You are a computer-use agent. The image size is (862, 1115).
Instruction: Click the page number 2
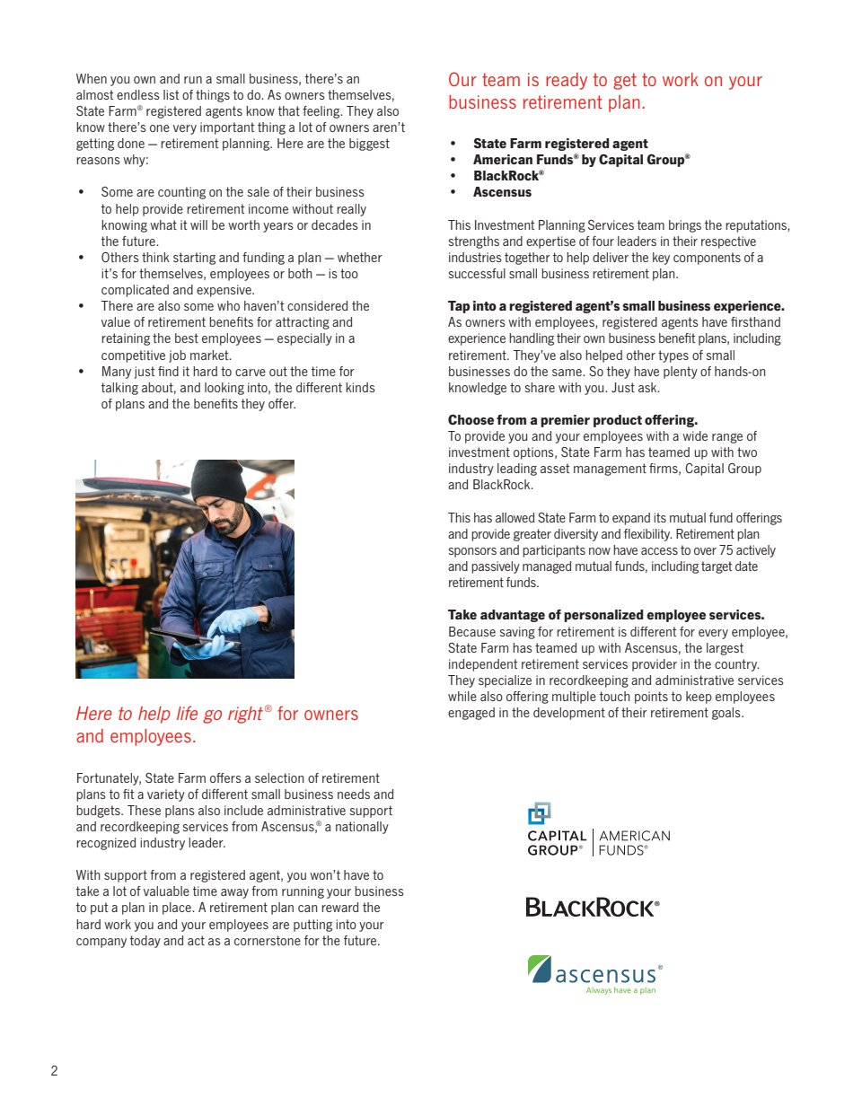pyautogui.click(x=55, y=1070)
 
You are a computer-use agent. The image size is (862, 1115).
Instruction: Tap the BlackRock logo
pyautogui.click(x=592, y=908)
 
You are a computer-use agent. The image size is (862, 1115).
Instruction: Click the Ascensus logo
pyautogui.click(x=594, y=974)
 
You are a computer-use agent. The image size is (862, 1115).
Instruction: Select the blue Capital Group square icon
pyautogui.click(x=539, y=813)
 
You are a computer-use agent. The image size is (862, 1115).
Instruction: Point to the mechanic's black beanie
pyautogui.click(x=218, y=480)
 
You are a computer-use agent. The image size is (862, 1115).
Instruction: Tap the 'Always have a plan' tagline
pyautogui.click(x=620, y=991)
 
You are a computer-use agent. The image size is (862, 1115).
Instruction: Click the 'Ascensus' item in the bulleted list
pyautogui.click(x=502, y=192)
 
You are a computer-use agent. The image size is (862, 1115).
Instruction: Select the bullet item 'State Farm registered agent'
pyautogui.click(x=560, y=144)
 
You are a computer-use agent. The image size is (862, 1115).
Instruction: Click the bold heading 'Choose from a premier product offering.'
pyautogui.click(x=573, y=420)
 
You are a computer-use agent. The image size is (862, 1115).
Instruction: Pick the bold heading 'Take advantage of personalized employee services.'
pyautogui.click(x=606, y=615)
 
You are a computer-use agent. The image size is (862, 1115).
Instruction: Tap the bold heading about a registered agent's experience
pyautogui.click(x=616, y=306)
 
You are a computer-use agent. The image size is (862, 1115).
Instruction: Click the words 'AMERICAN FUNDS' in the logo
pyautogui.click(x=634, y=843)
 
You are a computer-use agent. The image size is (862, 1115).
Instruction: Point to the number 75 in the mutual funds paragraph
pyautogui.click(x=726, y=550)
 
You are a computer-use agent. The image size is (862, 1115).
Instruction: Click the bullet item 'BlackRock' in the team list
pyautogui.click(x=507, y=176)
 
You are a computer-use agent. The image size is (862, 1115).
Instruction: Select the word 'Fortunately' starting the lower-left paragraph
pyautogui.click(x=108, y=778)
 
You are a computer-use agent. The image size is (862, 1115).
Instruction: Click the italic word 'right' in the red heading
pyautogui.click(x=244, y=714)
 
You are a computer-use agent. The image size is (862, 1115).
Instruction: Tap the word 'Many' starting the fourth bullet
pyautogui.click(x=116, y=372)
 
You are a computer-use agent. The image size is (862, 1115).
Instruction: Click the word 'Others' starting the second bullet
pyautogui.click(x=120, y=258)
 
